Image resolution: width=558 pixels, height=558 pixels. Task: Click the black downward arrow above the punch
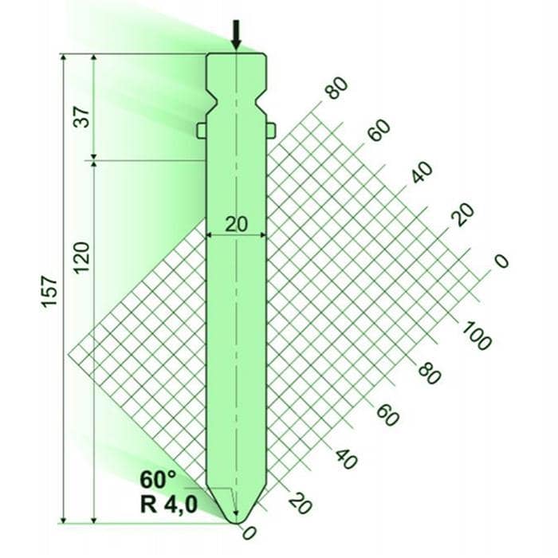236,34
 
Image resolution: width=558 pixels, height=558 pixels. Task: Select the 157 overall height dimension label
49,291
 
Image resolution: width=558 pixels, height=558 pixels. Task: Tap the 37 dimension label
82,116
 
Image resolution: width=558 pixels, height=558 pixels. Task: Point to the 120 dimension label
81,257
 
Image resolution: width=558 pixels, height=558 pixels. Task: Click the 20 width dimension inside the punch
236,225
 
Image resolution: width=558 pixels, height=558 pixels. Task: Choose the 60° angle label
158,479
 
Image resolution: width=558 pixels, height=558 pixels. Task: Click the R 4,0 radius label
169,504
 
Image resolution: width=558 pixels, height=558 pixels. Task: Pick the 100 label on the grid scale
477,335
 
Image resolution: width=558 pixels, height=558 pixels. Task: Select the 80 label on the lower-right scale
429,373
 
